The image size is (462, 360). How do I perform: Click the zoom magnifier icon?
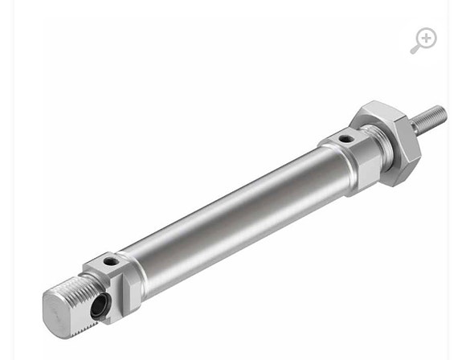[x=423, y=40]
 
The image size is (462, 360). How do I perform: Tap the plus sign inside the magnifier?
[x=426, y=38]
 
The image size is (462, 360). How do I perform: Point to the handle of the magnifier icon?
[x=415, y=50]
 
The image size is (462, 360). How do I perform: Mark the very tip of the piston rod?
[x=443, y=110]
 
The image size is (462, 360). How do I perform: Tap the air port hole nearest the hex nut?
[x=345, y=139]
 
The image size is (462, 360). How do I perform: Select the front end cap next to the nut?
[x=341, y=161]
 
